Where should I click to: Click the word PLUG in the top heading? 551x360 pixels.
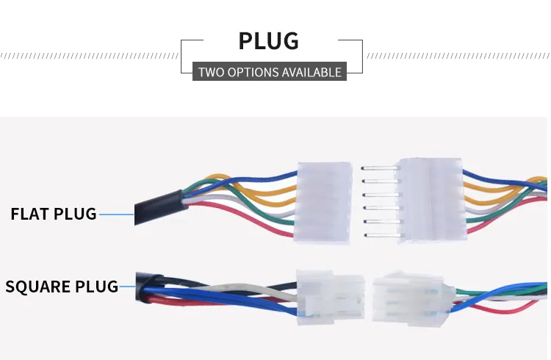(269, 40)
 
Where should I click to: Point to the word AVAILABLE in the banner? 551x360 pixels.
(311, 72)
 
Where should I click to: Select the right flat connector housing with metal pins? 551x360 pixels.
(430, 200)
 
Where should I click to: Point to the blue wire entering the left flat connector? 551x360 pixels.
(250, 176)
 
